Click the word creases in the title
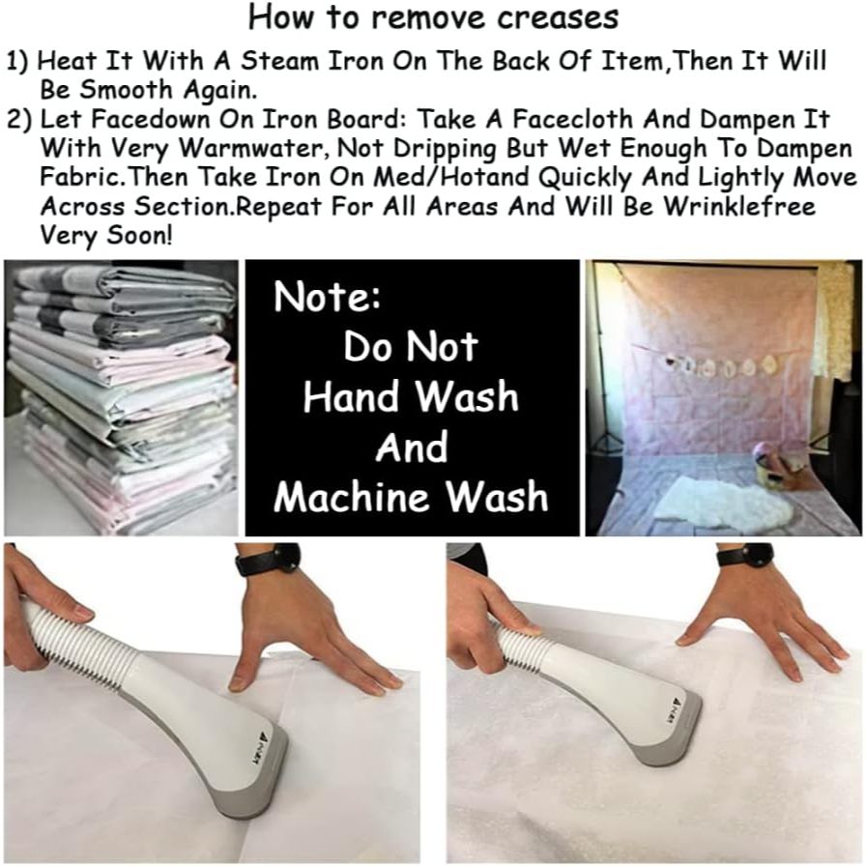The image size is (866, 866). (558, 18)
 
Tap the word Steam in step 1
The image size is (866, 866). (280, 61)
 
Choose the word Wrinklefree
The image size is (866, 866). (739, 207)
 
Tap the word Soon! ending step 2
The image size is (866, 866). (139, 236)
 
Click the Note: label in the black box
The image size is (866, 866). (327, 297)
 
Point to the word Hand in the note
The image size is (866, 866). (354, 396)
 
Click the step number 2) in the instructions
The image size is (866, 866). (19, 120)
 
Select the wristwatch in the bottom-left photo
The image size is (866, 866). (268, 561)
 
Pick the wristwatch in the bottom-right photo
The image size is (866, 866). (745, 554)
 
